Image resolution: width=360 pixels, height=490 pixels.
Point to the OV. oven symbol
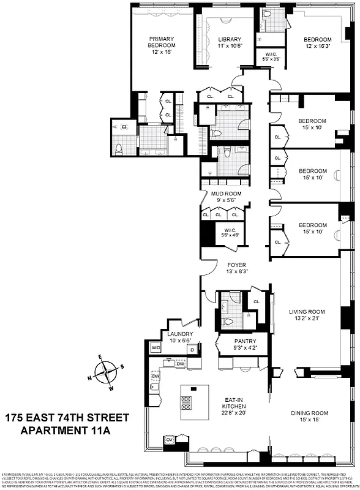click(170, 456)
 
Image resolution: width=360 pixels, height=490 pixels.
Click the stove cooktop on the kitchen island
click(186, 402)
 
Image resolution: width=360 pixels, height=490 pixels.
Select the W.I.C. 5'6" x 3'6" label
click(265, 56)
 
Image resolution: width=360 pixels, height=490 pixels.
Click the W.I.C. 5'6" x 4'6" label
click(235, 233)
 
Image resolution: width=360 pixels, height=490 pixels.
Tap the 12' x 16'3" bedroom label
click(318, 42)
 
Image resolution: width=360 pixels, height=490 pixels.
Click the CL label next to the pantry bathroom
click(256, 301)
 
